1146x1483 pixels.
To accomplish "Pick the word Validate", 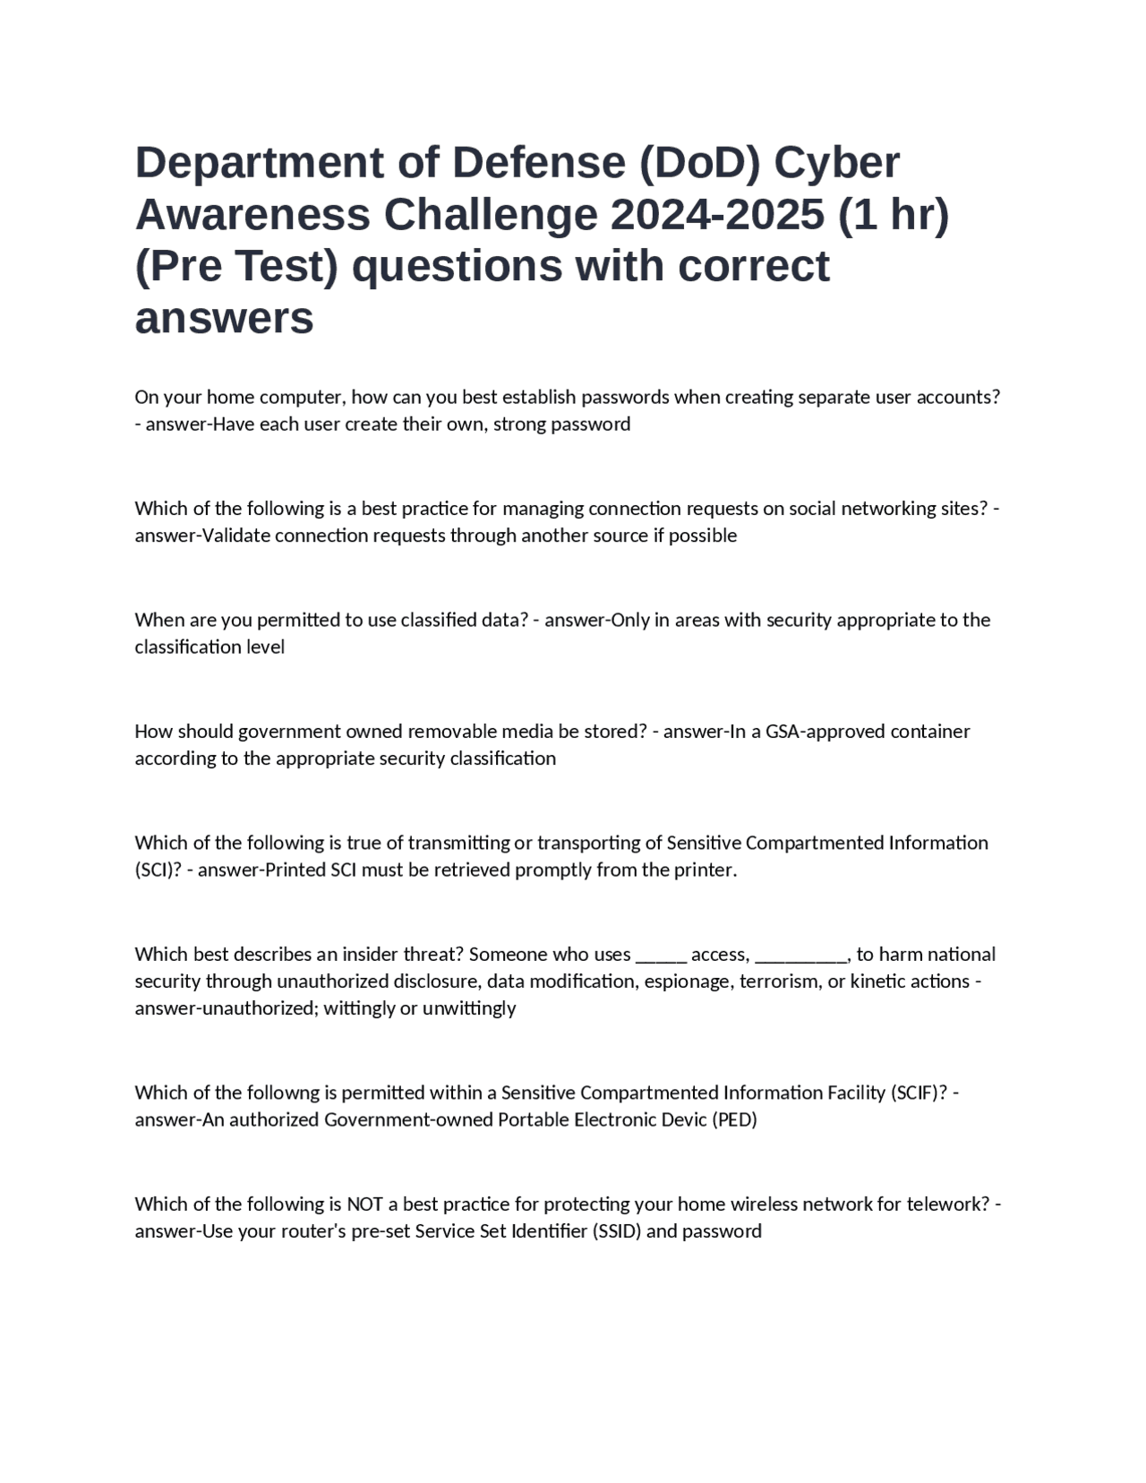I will coord(236,536).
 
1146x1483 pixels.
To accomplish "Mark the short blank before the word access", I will coord(661,955).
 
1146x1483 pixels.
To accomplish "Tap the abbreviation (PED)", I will coord(734,1119).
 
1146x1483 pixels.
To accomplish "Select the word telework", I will coord(942,1204).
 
